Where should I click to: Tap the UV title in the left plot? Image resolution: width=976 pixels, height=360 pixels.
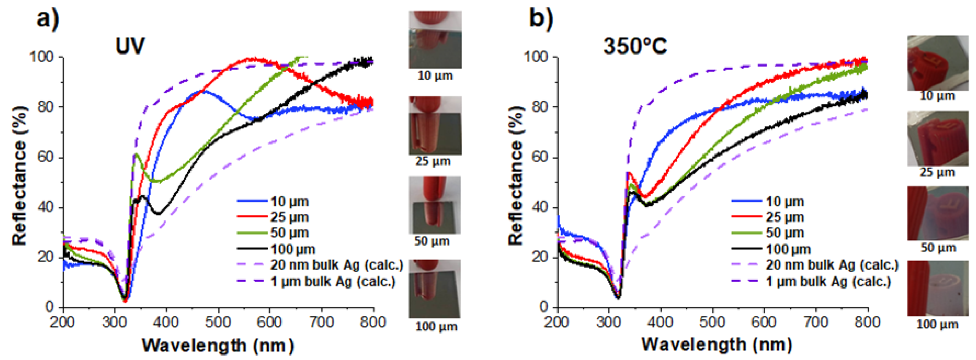130,46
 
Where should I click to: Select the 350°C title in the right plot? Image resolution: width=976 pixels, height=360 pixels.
635,46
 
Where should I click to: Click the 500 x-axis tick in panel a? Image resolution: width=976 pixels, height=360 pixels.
218,322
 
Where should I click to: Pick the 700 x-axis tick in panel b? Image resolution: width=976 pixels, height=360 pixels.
816,322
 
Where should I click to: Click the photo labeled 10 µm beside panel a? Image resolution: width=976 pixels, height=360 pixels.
435,39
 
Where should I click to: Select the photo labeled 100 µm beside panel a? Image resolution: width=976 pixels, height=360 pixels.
435,289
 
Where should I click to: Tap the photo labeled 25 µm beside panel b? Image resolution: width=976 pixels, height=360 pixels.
937,138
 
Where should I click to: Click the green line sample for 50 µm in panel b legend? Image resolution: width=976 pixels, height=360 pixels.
746,233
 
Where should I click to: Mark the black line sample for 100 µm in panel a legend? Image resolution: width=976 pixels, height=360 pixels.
252,249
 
